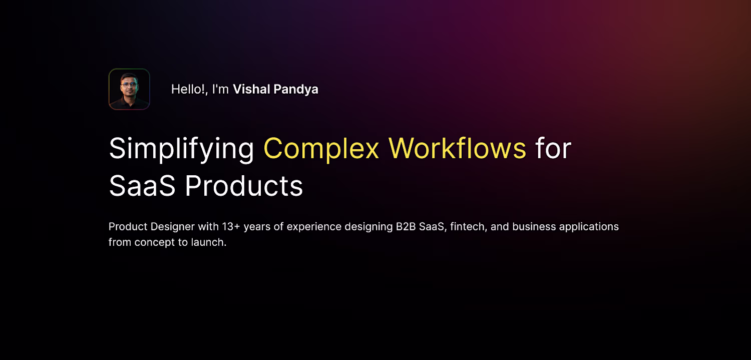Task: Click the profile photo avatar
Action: [129, 89]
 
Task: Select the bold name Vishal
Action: [251, 89]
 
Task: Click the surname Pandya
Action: [296, 90]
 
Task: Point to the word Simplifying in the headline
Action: [181, 149]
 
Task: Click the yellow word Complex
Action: [321, 149]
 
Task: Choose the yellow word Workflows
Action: [457, 148]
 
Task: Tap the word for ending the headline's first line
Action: [553, 148]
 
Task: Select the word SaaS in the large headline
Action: [142, 186]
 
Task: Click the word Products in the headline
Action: [244, 186]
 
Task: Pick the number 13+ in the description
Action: [231, 227]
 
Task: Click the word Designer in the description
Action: [172, 227]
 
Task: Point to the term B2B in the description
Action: [406, 227]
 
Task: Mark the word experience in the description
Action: [314, 227]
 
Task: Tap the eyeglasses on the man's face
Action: [129, 85]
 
